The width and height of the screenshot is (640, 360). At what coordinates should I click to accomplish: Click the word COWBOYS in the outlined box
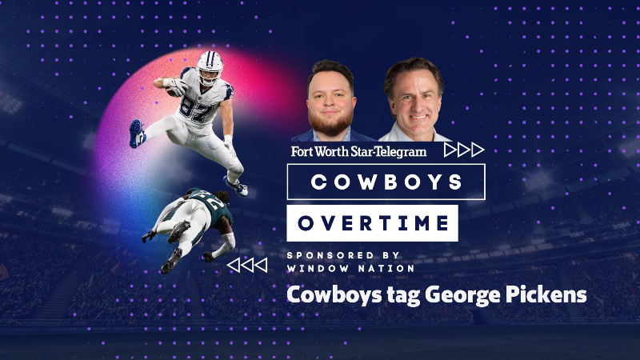click(x=386, y=182)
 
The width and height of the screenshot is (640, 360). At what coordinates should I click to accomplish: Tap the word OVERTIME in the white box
click(x=373, y=222)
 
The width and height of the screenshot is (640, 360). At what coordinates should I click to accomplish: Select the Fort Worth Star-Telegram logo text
click(x=358, y=150)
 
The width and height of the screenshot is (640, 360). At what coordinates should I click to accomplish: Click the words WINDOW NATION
click(x=350, y=268)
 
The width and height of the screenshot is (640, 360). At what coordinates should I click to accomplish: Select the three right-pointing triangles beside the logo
click(x=463, y=150)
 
